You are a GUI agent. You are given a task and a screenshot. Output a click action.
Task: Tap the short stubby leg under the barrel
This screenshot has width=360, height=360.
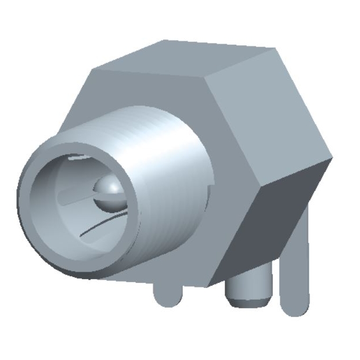[x=168, y=294]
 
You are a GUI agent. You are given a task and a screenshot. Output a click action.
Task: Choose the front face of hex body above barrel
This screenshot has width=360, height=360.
[x=145, y=99]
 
